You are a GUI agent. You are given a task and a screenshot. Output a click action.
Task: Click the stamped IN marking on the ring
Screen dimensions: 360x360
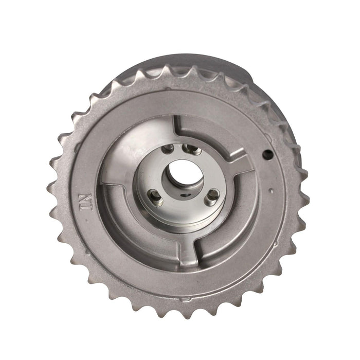[86, 202]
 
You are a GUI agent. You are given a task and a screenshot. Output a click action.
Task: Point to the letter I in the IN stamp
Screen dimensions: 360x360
[86, 208]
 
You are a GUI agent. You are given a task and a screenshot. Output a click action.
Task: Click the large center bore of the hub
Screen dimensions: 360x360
[183, 174]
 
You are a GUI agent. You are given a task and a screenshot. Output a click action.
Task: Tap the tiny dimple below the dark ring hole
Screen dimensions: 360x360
[272, 190]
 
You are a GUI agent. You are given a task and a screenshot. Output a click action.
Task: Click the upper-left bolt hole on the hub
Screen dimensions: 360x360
[168, 149]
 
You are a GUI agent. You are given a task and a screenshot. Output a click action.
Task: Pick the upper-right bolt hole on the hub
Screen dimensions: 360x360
[191, 149]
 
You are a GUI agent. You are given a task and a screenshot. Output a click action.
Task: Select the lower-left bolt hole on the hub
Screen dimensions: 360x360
[155, 197]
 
